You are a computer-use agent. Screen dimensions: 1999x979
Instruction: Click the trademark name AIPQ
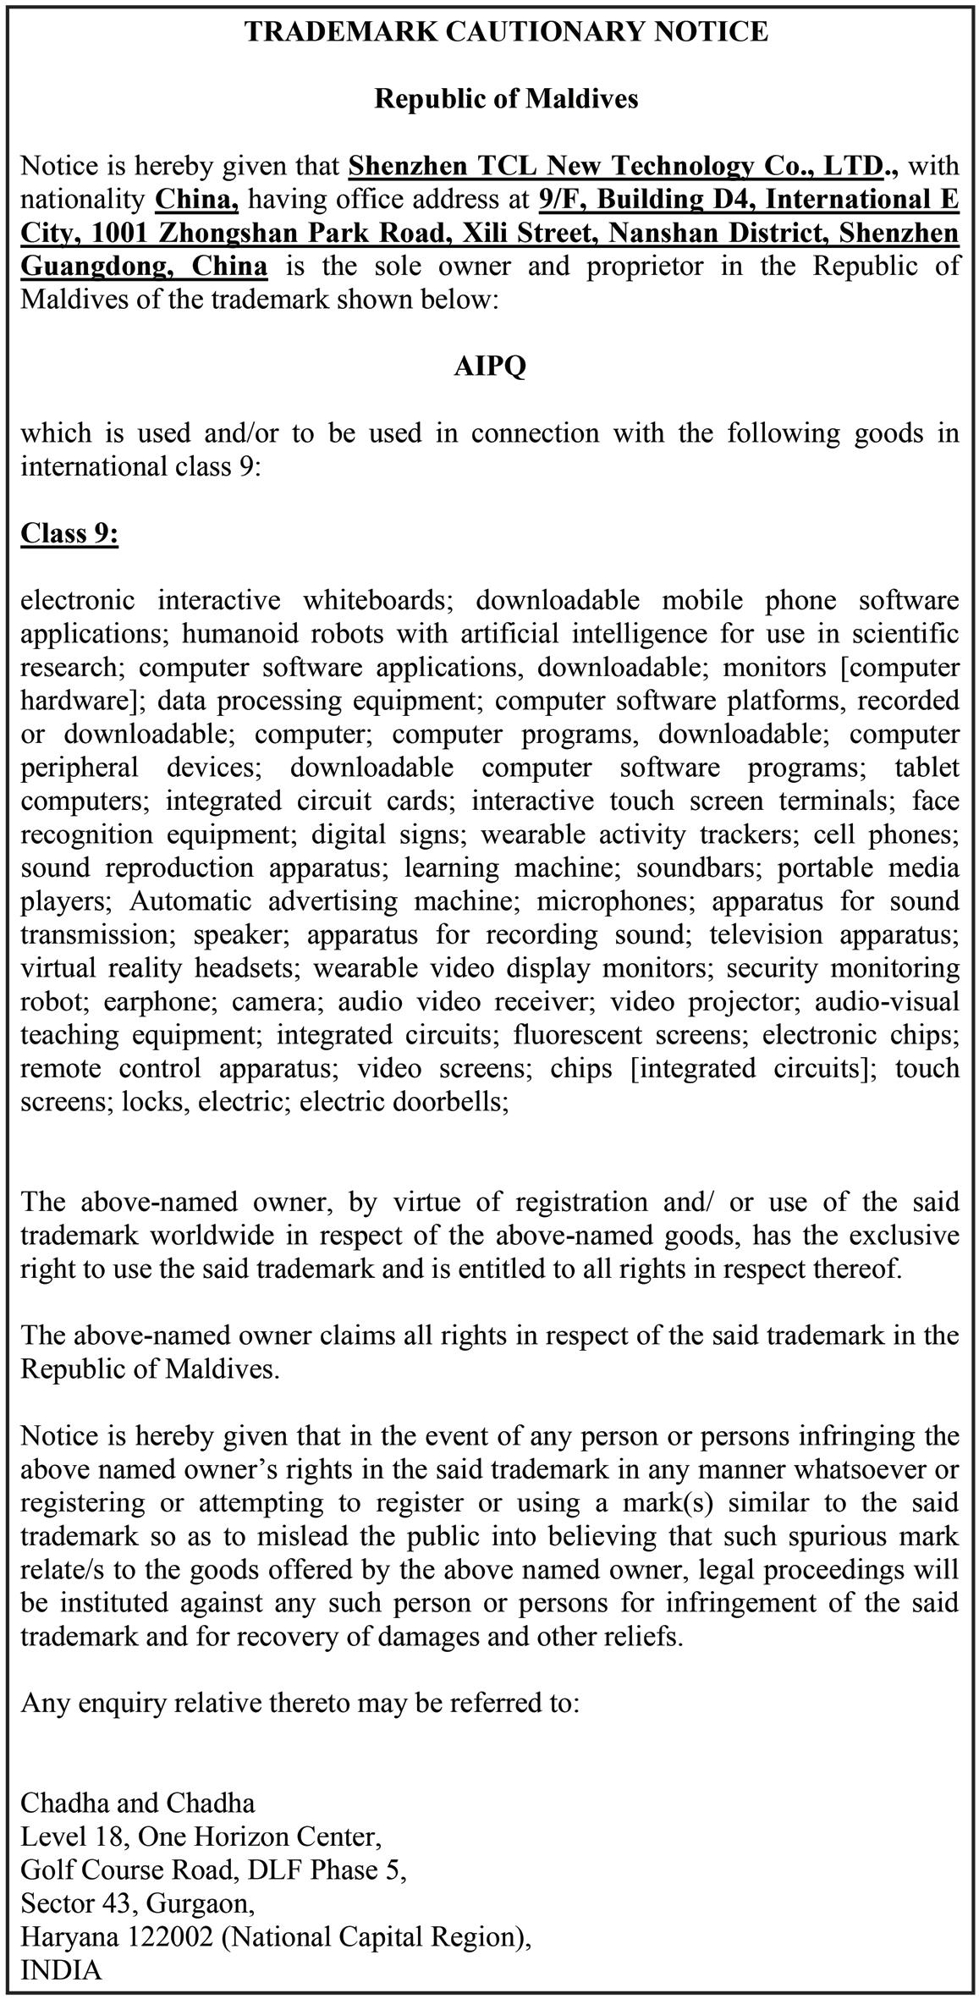click(489, 366)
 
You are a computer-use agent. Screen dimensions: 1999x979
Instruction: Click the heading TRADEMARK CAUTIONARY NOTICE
click(506, 32)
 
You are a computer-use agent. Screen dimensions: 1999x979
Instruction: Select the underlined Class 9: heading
click(69, 533)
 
